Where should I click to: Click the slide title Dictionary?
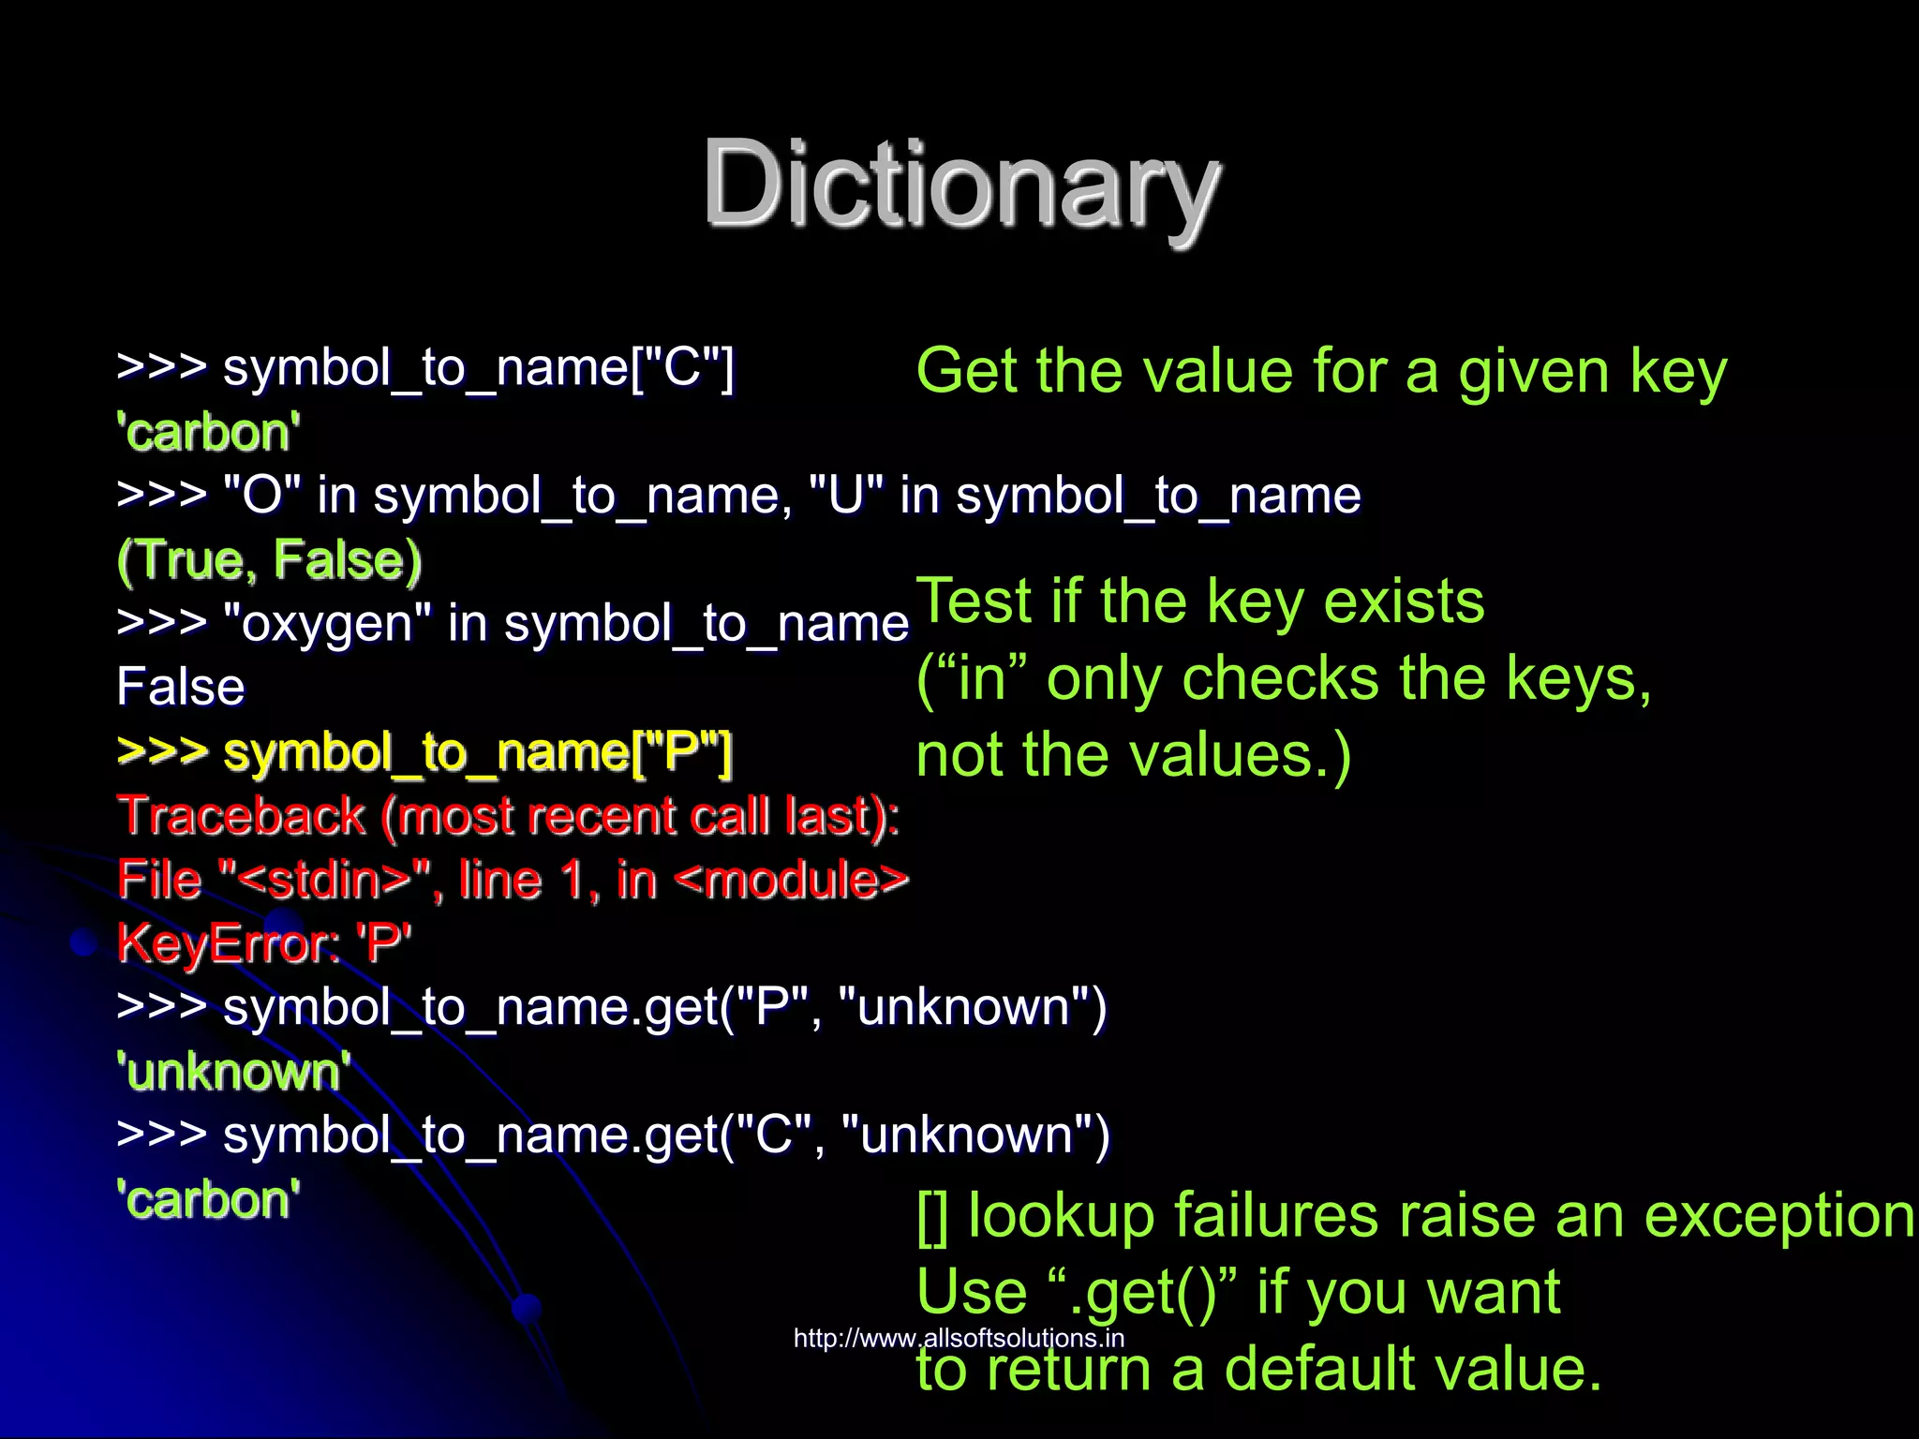pos(961,184)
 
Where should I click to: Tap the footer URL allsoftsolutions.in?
pos(959,1338)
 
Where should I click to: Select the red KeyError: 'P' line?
pos(264,942)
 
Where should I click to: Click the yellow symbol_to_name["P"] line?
pos(424,752)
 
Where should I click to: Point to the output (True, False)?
pos(270,560)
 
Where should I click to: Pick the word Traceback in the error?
pos(242,815)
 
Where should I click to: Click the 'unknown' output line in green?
pos(233,1071)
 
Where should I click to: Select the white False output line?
pos(181,687)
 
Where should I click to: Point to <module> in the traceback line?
pos(791,880)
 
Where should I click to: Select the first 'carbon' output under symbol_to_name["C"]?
pos(208,433)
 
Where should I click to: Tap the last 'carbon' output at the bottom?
pos(208,1199)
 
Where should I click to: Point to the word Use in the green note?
pos(972,1292)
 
